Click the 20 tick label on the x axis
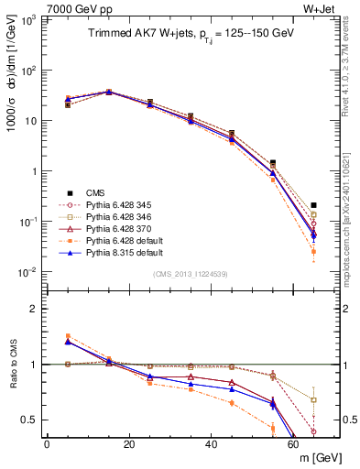point(129,443)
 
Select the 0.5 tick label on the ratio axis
point(30,420)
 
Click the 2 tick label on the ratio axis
point(35,309)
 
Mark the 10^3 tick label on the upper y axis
point(30,19)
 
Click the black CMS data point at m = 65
point(314,205)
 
